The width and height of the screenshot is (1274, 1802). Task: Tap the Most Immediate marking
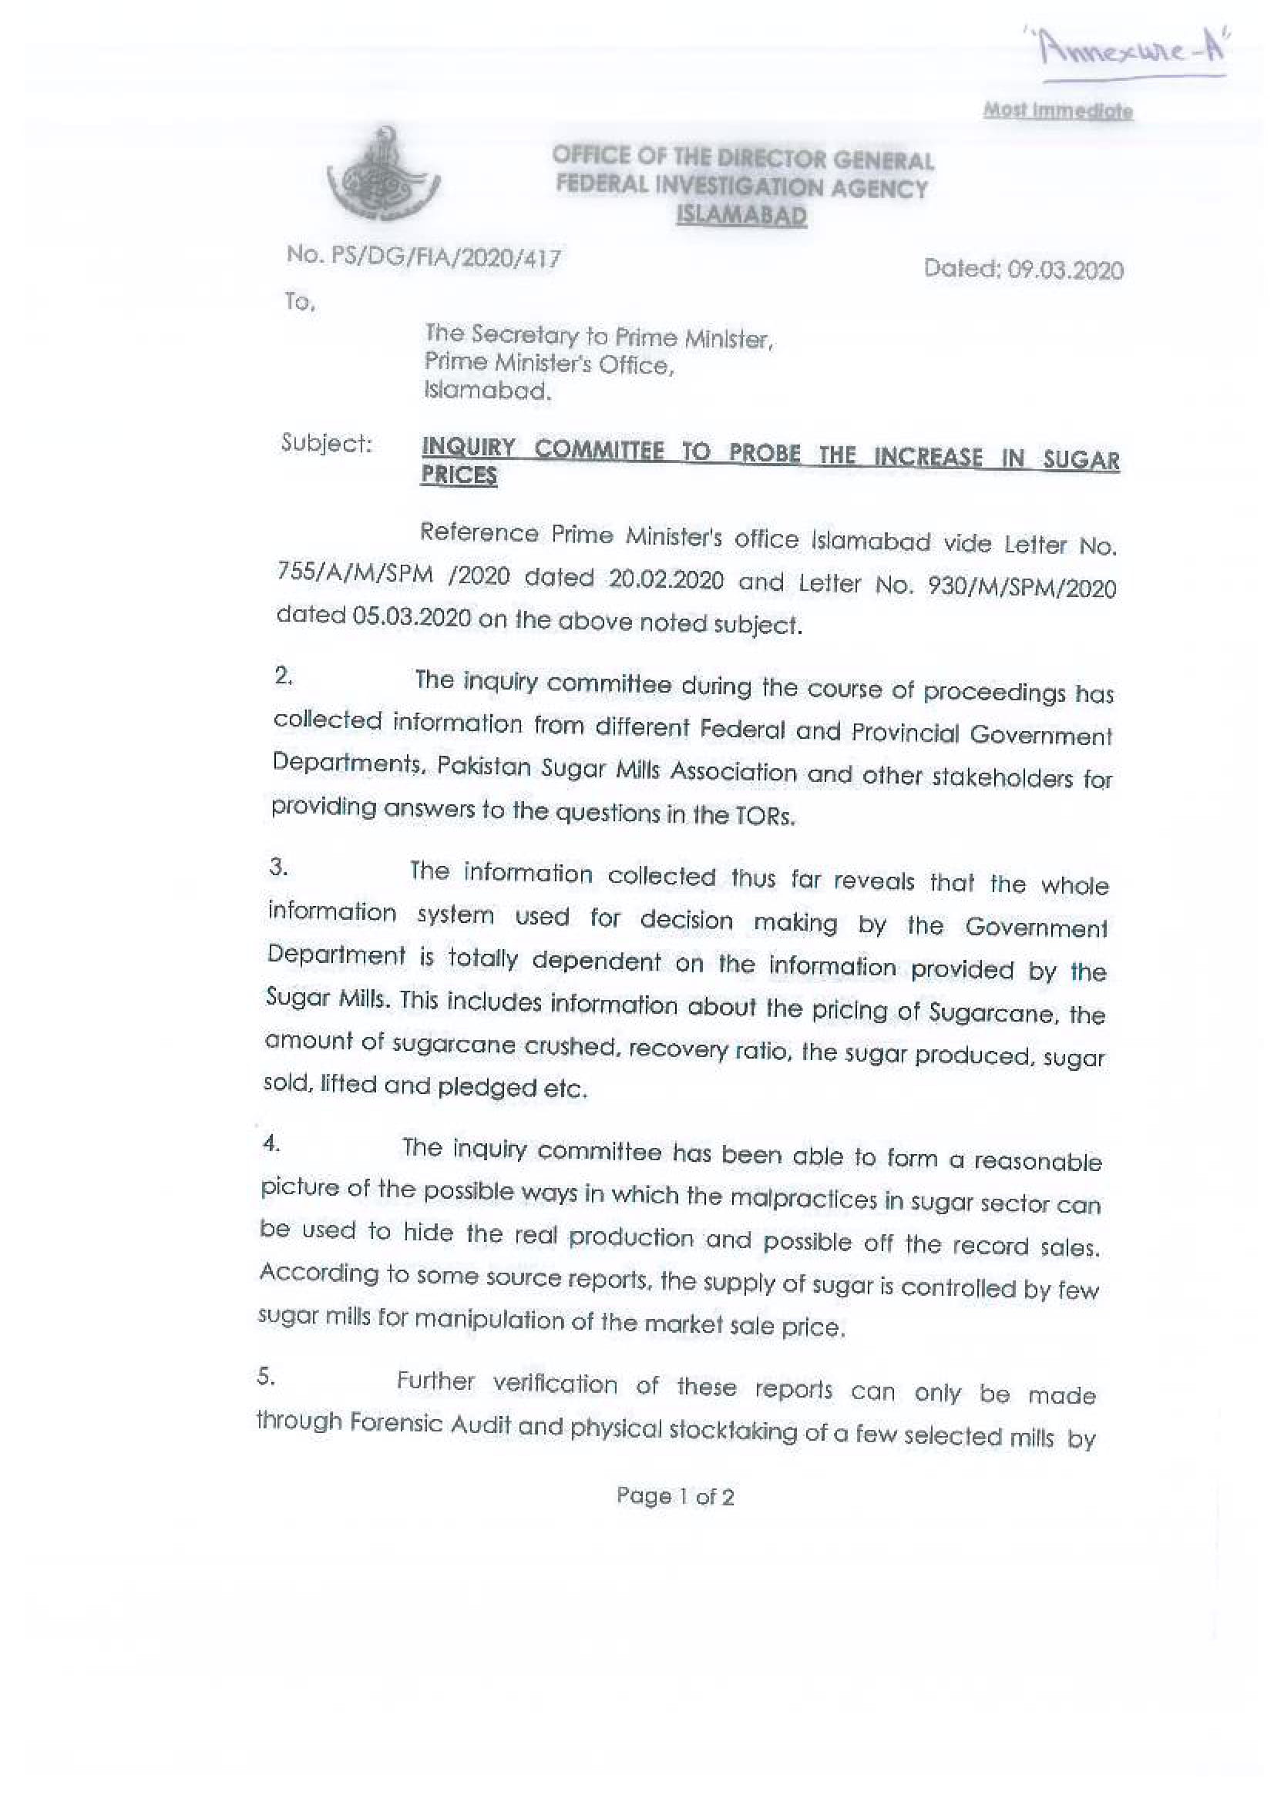point(1057,111)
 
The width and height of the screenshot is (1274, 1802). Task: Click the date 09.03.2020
point(1065,270)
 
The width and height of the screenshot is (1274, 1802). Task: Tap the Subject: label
point(327,444)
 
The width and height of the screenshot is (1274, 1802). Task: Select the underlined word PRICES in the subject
point(459,475)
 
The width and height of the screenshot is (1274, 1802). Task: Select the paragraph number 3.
point(277,868)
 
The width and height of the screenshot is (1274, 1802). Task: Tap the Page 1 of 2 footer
point(675,1497)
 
